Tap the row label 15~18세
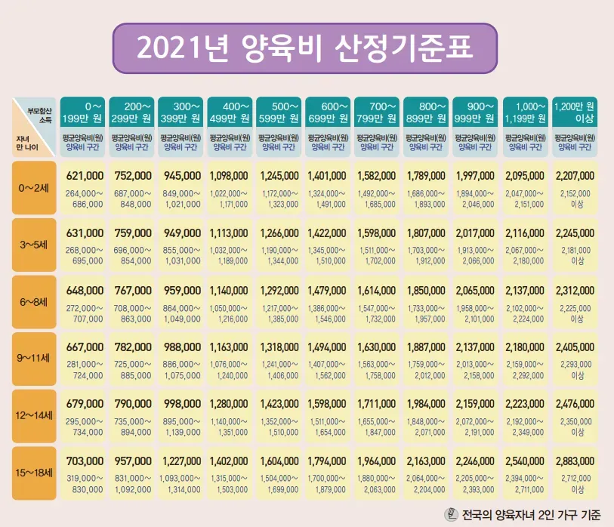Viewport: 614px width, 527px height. click(34, 473)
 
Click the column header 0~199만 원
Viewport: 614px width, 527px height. click(84, 112)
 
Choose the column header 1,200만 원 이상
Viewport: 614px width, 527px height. click(575, 112)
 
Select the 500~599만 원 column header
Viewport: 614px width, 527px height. click(279, 112)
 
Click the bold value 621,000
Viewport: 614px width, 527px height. click(85, 175)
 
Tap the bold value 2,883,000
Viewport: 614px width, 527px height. click(575, 461)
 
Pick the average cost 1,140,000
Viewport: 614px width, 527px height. click(230, 289)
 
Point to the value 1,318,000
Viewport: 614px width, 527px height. click(279, 347)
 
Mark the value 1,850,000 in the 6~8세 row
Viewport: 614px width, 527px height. click(427, 289)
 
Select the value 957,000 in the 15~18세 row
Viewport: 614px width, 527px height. click(133, 461)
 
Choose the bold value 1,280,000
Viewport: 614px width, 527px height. click(230, 404)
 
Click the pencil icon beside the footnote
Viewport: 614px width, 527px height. click(452, 514)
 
